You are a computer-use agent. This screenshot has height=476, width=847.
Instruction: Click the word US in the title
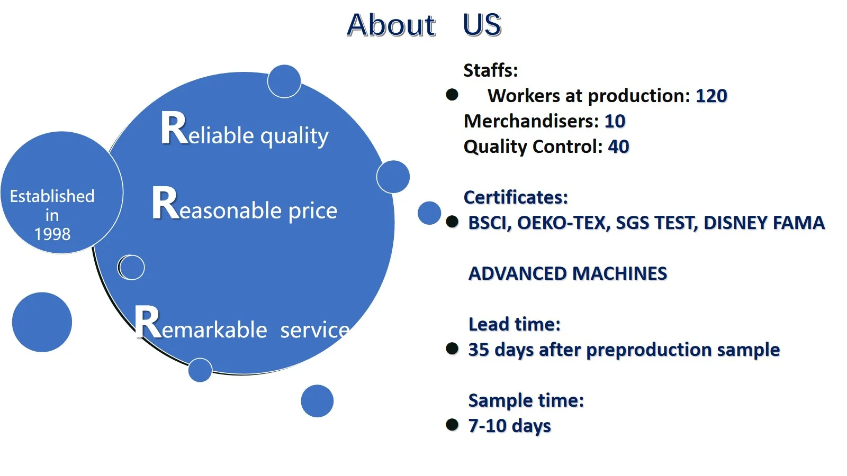click(482, 25)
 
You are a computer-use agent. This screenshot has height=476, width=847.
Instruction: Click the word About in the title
click(391, 25)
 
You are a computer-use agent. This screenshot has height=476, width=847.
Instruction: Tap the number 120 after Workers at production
click(711, 96)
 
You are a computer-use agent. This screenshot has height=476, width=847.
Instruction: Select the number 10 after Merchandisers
click(615, 121)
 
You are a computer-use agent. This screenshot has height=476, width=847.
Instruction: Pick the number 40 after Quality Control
click(619, 147)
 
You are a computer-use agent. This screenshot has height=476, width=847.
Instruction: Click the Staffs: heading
click(490, 70)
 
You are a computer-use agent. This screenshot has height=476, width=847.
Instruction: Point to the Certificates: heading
click(516, 197)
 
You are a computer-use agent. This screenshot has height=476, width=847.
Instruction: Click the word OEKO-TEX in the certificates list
click(563, 223)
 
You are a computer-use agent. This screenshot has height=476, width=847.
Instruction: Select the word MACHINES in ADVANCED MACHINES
click(620, 273)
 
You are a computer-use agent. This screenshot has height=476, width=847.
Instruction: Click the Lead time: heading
click(514, 324)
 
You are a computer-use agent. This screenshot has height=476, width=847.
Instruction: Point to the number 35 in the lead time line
click(479, 350)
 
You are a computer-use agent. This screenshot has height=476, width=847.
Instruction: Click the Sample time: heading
click(526, 400)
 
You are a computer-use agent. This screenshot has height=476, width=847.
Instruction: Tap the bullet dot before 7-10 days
click(452, 425)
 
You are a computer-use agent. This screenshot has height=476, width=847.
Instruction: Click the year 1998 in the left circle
click(52, 234)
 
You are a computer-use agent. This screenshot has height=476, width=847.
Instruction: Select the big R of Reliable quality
click(174, 127)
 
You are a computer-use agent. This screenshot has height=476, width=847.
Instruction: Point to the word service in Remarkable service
click(315, 330)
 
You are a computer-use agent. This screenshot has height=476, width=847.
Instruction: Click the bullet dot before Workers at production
click(452, 95)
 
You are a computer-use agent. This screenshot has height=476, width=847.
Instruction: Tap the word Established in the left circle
click(52, 196)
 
